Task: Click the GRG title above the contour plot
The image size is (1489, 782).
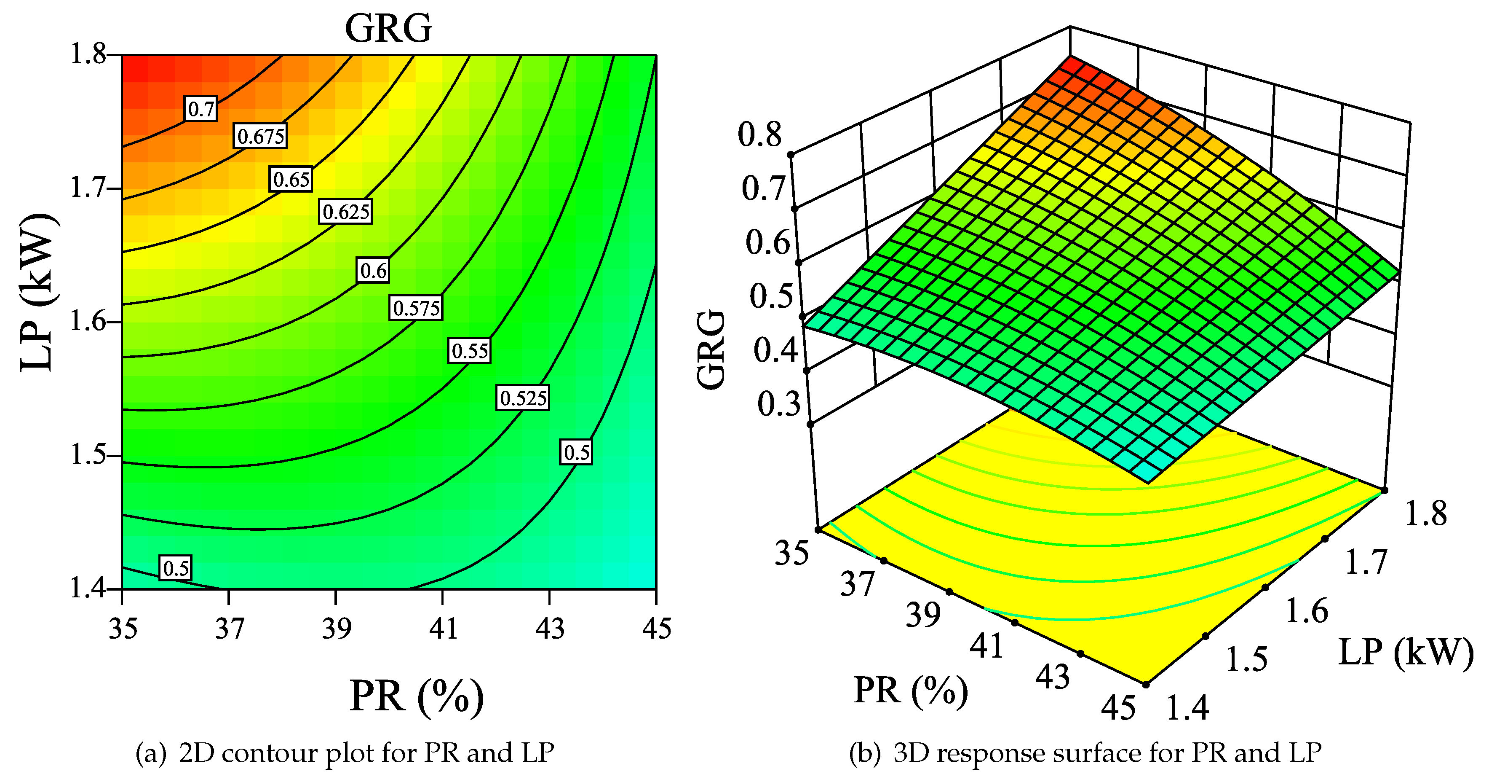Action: [388, 28]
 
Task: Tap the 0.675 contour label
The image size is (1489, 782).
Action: [260, 136]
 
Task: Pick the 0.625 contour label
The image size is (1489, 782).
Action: [346, 211]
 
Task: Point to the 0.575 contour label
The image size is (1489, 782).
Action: [416, 308]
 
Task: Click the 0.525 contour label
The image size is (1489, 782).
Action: [523, 398]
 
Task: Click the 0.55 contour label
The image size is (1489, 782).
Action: [469, 350]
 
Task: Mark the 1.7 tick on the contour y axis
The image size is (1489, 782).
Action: [88, 188]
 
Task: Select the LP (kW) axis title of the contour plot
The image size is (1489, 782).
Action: [38, 292]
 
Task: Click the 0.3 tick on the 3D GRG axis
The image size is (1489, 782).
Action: [778, 404]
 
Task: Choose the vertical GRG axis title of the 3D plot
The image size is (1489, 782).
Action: [711, 350]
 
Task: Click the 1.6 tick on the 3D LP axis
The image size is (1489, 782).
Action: [1306, 611]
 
